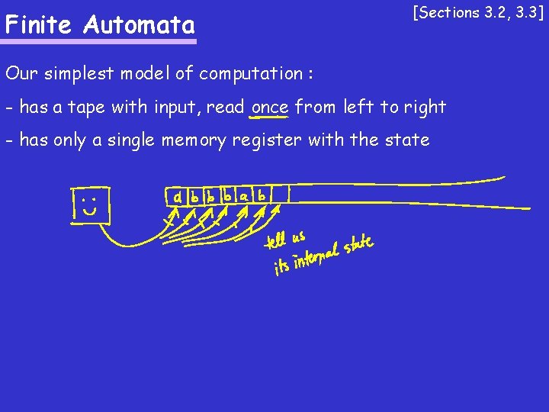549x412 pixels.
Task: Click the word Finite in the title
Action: tap(40, 25)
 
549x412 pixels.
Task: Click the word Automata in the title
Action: tap(140, 25)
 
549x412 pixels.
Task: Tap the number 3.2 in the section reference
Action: tap(495, 12)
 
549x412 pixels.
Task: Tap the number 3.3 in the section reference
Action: tap(528, 12)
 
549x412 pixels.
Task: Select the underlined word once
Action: tap(269, 108)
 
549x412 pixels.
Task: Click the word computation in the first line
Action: tap(251, 74)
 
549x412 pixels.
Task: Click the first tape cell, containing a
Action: tap(178, 197)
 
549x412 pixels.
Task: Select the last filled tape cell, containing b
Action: tap(262, 195)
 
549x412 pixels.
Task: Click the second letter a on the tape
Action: tap(244, 196)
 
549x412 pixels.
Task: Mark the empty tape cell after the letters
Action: tap(280, 195)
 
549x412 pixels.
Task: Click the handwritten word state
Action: tap(358, 246)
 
